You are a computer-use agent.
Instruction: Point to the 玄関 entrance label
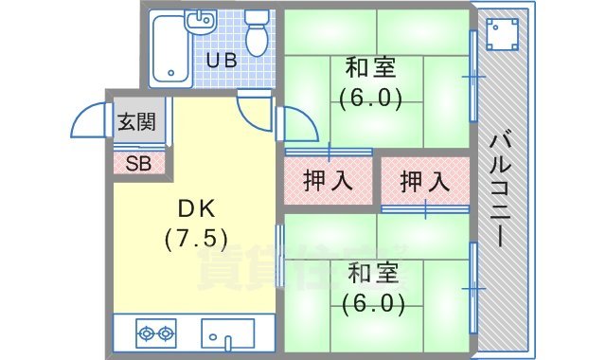[x=135, y=122]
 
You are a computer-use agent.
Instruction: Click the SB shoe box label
[x=138, y=162]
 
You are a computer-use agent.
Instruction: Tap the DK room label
[x=195, y=208]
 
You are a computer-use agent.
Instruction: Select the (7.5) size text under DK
[x=195, y=238]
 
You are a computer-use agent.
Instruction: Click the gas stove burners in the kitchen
[x=156, y=333]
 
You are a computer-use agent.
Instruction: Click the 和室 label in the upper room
[x=370, y=68]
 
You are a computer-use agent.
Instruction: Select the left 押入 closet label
[x=328, y=180]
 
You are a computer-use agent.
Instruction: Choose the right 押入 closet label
[x=423, y=180]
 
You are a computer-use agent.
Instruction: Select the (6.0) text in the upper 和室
[x=370, y=97]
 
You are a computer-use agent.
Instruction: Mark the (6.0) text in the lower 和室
[x=373, y=304]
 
